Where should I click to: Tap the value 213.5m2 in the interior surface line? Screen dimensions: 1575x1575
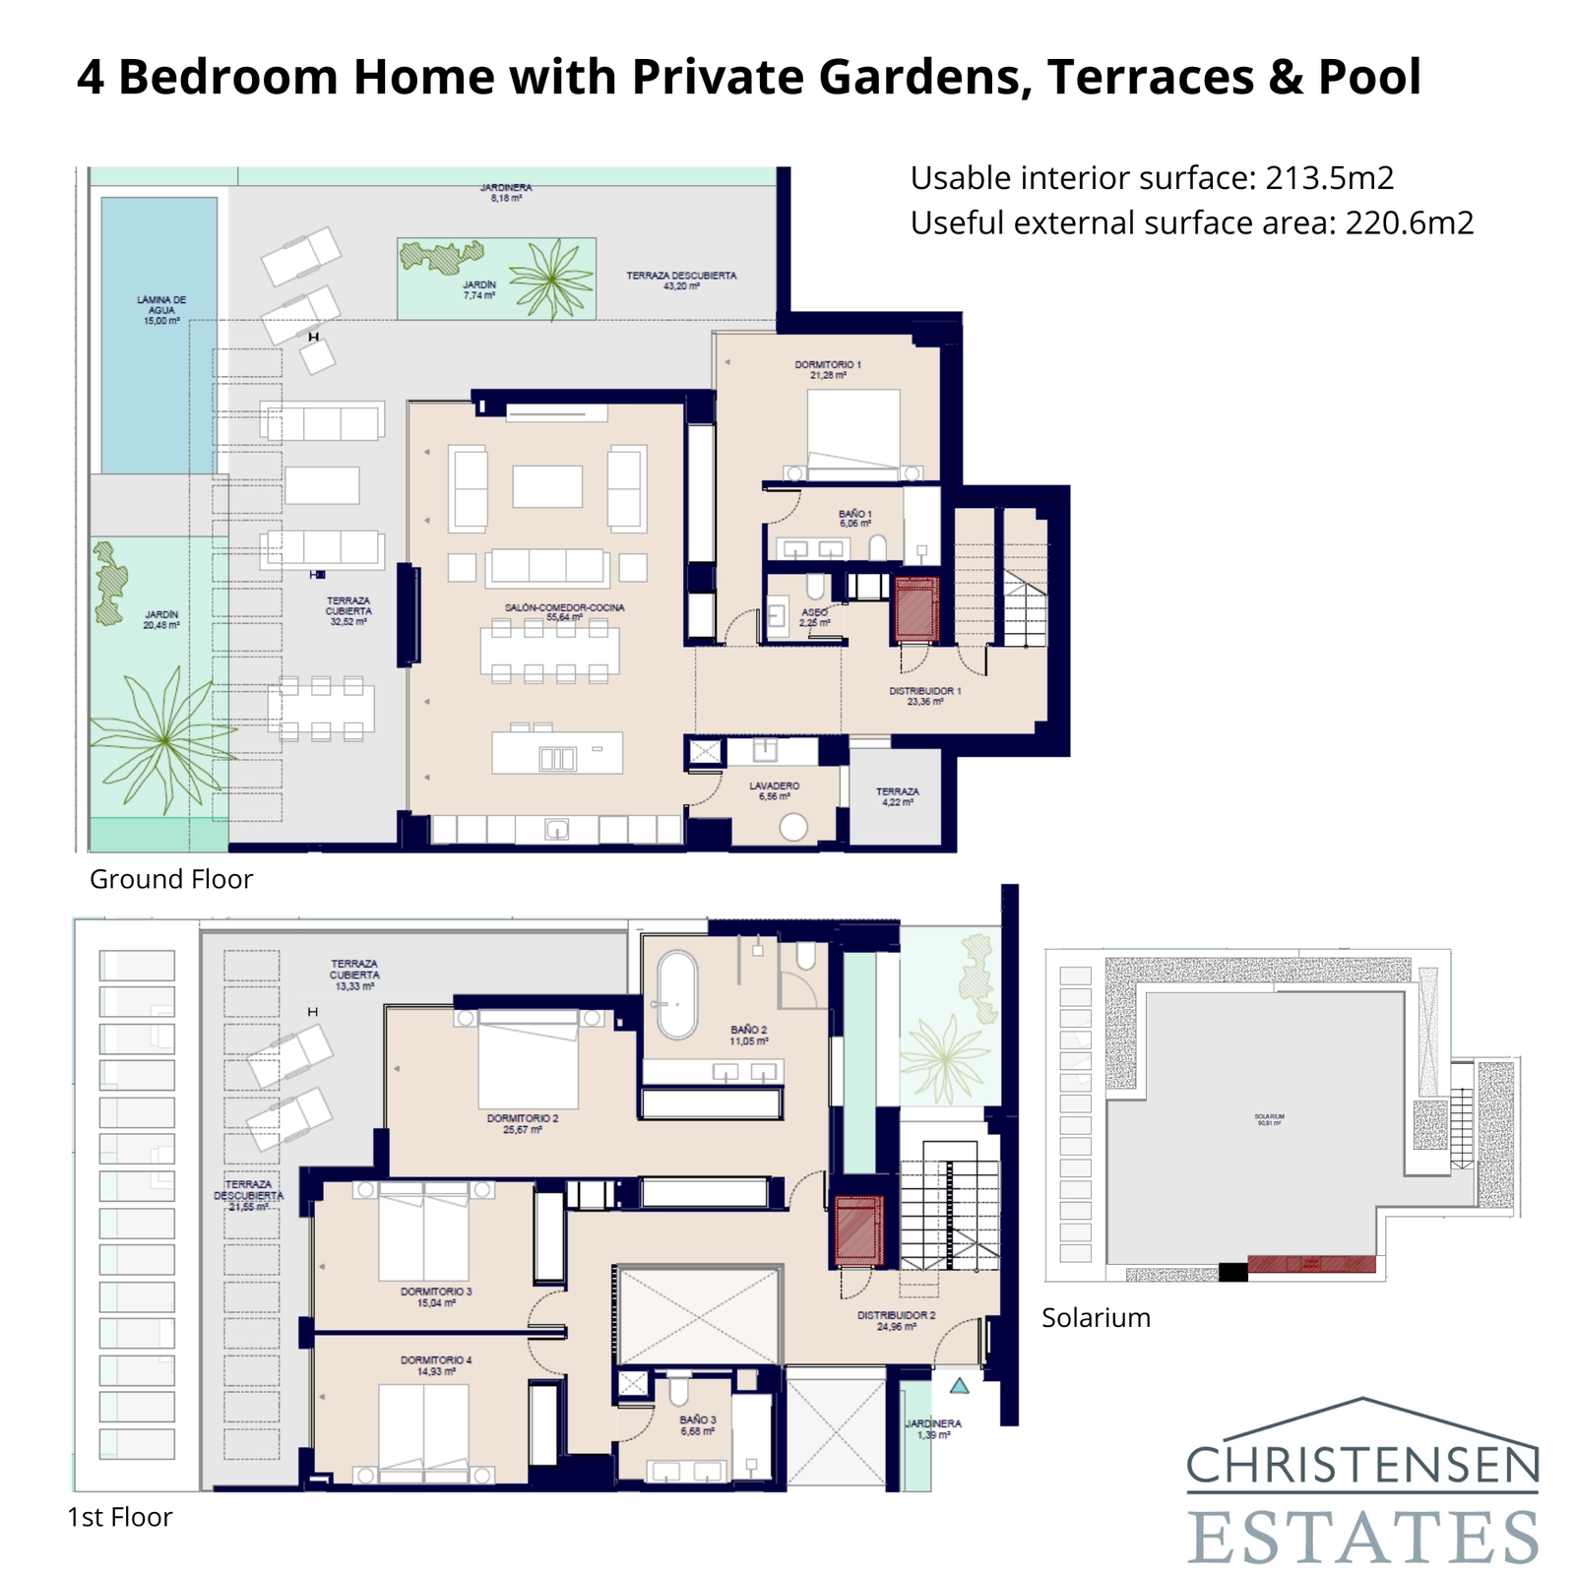click(x=1329, y=178)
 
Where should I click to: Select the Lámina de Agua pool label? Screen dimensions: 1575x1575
click(x=161, y=310)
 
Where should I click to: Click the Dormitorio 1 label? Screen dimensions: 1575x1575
click(x=828, y=369)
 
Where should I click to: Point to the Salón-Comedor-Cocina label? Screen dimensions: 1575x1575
click(x=564, y=612)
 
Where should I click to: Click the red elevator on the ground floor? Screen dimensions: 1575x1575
click(x=915, y=609)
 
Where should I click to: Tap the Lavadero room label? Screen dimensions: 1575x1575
click(x=774, y=790)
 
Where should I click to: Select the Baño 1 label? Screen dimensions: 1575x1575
click(x=854, y=519)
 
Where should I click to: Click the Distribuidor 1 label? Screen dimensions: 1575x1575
click(x=924, y=696)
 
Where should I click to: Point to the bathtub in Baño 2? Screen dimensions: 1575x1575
click(x=676, y=994)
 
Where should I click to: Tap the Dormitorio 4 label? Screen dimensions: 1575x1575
click(x=435, y=1365)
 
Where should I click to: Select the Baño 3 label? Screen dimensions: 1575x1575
click(x=697, y=1425)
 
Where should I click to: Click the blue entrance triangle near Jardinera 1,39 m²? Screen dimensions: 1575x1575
click(x=959, y=1386)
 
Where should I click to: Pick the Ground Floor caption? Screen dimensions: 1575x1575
click(x=170, y=879)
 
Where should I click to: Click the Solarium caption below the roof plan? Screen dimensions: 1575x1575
click(x=1095, y=1317)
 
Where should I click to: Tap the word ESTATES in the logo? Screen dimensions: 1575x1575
click(x=1362, y=1537)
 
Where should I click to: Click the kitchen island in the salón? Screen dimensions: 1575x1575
click(x=557, y=752)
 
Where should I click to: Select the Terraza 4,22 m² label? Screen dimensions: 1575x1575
click(x=897, y=796)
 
